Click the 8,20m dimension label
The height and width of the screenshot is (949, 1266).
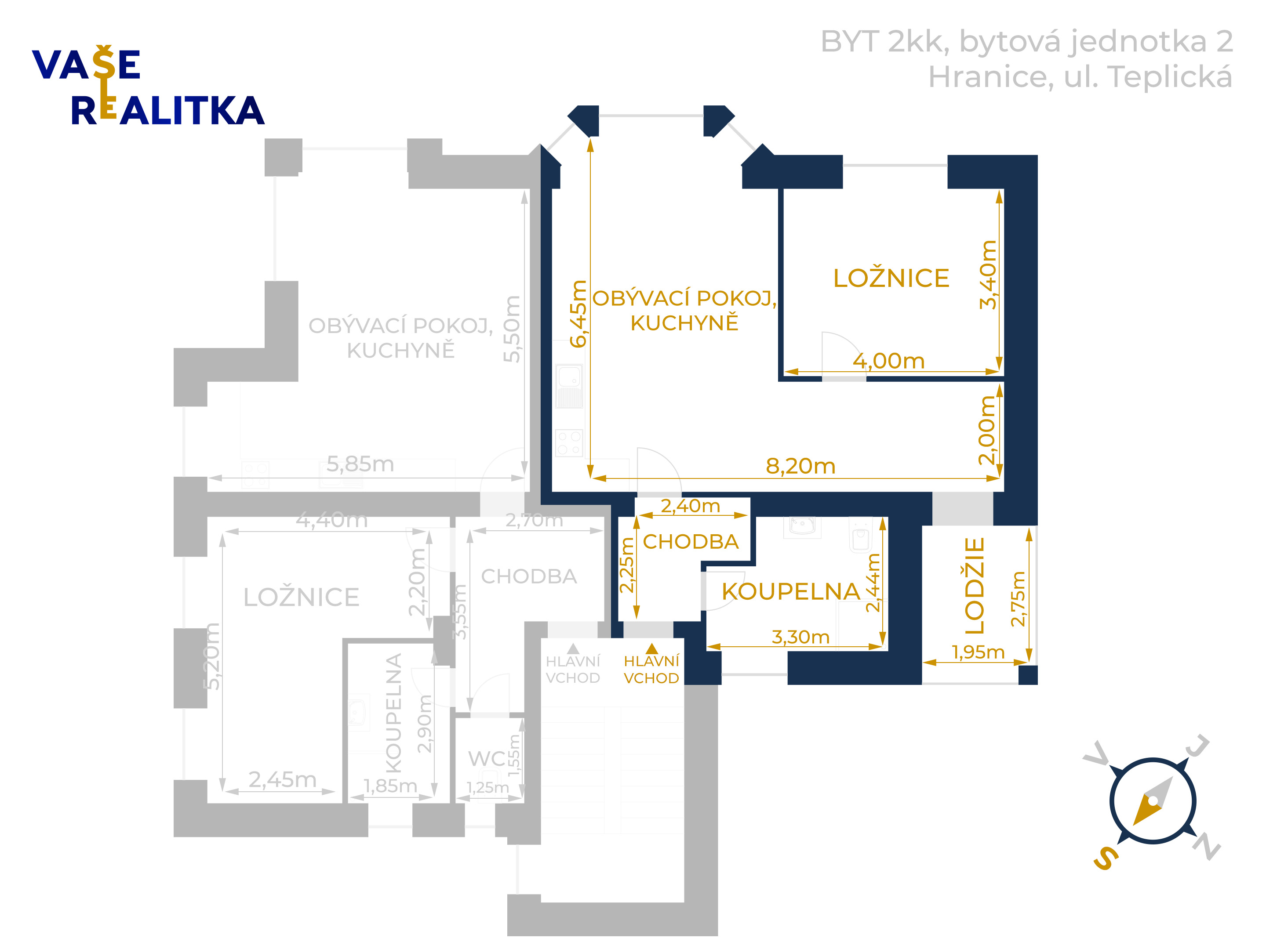800,466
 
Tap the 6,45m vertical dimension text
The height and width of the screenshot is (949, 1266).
578,314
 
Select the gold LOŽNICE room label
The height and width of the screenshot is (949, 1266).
891,278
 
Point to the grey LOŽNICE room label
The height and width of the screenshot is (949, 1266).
301,597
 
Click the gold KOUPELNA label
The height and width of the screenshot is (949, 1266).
790,591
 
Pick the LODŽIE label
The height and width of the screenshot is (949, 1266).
974,585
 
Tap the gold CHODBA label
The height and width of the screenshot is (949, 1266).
690,542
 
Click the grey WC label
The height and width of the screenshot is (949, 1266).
487,758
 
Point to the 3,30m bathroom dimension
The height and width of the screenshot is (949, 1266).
800,637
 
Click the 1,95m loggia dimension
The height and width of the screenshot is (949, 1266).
978,652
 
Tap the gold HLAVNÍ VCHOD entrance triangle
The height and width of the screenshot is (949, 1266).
651,648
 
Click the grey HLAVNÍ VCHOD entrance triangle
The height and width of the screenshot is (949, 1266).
573,648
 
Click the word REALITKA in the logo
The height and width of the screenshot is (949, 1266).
167,111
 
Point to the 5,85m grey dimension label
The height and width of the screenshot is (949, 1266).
360,464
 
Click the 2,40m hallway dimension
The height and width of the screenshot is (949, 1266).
690,506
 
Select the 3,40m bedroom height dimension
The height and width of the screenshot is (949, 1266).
989,275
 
